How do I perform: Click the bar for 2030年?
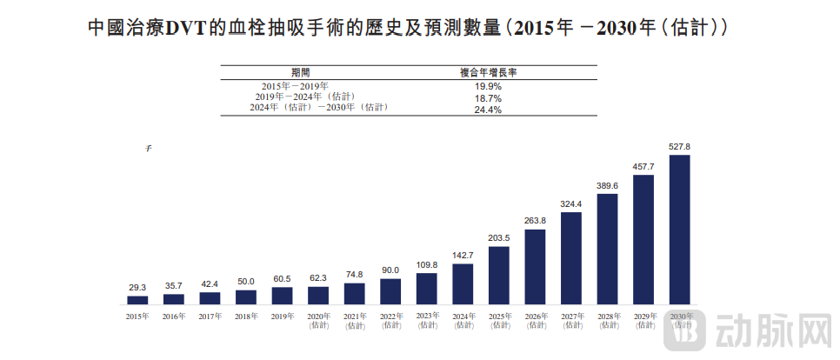[x=679, y=230]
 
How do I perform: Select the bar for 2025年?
[x=499, y=276]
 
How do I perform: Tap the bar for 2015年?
[x=137, y=300]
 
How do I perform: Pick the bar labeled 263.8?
[x=535, y=267]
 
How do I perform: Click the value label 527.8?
[x=679, y=146]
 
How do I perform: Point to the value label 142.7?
[x=463, y=255]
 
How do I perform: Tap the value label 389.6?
[x=607, y=185]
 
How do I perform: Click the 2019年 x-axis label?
[x=282, y=317]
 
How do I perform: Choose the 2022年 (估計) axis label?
[x=390, y=321]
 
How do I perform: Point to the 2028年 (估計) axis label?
[x=607, y=321]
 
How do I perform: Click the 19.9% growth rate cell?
[x=488, y=86]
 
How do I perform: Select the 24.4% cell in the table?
[x=488, y=110]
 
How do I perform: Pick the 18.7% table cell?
[x=488, y=98]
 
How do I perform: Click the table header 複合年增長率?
[x=488, y=73]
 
